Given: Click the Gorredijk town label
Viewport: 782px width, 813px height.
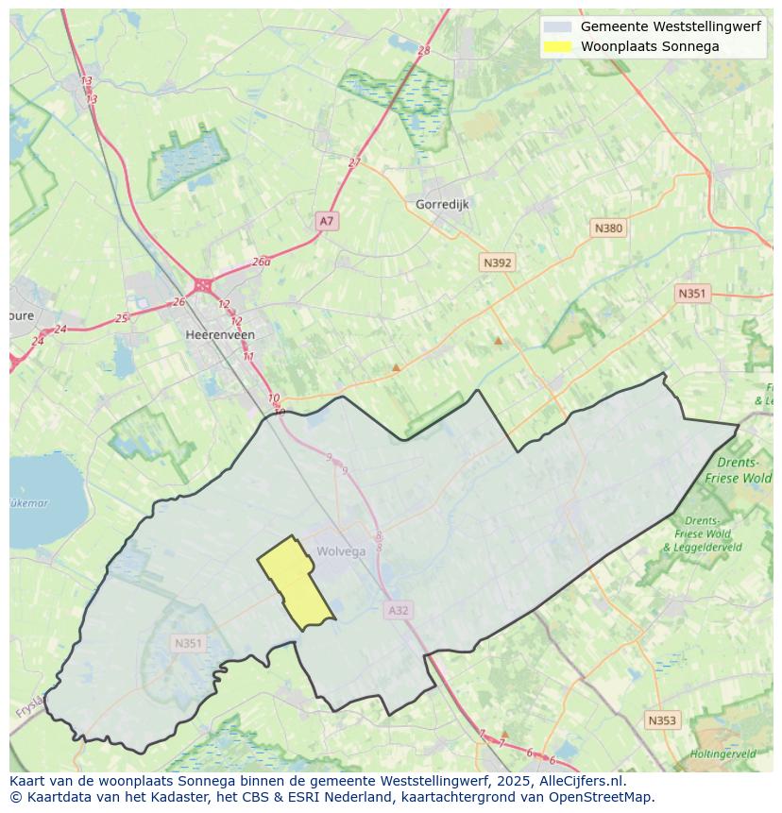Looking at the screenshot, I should [x=442, y=204].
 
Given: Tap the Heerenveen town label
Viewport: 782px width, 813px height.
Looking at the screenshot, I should [x=220, y=334].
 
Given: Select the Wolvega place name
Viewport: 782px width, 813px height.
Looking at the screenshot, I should [x=341, y=551].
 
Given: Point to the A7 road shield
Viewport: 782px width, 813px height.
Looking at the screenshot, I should [x=326, y=221].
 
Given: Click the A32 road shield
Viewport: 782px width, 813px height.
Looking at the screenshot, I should [x=399, y=611].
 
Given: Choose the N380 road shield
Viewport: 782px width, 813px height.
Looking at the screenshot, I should [x=608, y=229].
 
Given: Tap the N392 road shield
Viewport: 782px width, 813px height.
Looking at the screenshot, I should [x=497, y=263].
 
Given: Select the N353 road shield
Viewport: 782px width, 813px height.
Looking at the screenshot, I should [x=661, y=720].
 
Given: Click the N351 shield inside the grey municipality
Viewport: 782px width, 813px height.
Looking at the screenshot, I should [x=188, y=644].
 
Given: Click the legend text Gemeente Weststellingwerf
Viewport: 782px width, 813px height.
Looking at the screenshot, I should [x=670, y=26].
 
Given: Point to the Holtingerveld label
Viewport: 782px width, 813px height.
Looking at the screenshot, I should [x=722, y=754].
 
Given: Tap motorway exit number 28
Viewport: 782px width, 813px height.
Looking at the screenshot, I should [x=423, y=51].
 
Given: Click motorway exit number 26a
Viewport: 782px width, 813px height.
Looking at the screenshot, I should [x=262, y=263].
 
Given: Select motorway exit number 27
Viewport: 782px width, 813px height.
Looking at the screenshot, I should [x=354, y=162].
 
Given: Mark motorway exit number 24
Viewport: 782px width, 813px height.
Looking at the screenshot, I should [x=60, y=330].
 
